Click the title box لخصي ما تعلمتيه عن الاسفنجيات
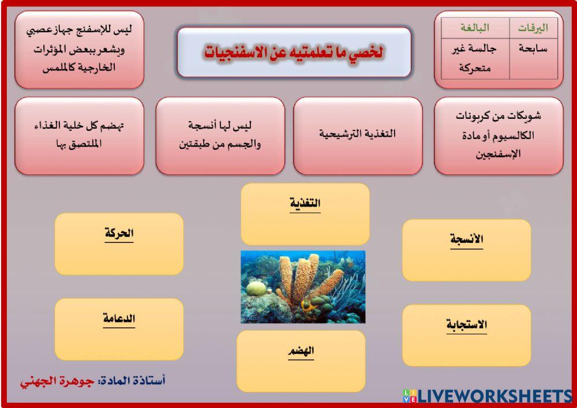(294, 53)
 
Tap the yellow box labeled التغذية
(305, 214)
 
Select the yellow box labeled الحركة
(119, 244)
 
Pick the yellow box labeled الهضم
(301, 360)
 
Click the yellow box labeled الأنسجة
(466, 250)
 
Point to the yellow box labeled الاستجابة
(466, 335)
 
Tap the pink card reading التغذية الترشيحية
(358, 135)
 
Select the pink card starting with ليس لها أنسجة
(220, 135)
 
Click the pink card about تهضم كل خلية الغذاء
(79, 135)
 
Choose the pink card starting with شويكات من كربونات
(499, 135)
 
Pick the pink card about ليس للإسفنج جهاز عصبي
(79, 49)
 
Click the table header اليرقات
(533, 28)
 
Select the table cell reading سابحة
(533, 50)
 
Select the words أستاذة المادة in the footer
(133, 381)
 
